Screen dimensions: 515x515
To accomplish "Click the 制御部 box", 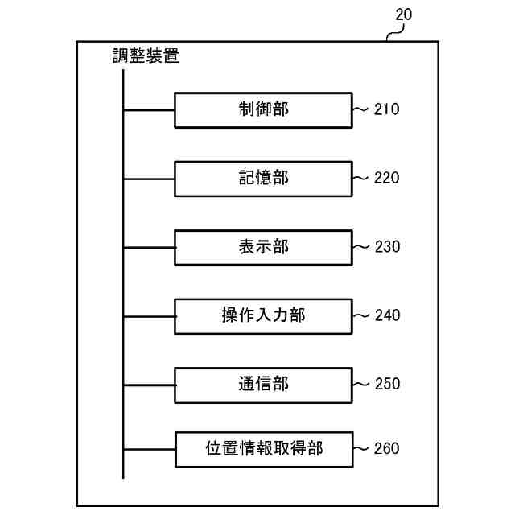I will point(263,109).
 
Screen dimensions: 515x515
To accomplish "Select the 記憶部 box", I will point(263,178).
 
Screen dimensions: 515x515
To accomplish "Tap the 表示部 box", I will point(263,247).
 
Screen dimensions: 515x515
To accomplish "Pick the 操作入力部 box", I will point(263,315).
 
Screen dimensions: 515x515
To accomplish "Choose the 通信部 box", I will point(263,384).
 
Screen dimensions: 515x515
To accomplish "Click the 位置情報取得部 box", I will point(263,449).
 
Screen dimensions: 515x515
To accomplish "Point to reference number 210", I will point(386,109).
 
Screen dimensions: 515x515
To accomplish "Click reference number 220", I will point(386,178).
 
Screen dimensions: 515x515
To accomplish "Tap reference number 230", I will point(386,247).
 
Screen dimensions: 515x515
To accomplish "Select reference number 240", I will point(386,315).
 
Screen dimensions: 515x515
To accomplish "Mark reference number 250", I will point(386,384).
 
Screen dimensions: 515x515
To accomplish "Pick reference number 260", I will point(386,449).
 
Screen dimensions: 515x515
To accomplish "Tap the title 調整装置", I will point(146,56).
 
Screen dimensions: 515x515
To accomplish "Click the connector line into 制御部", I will point(149,109).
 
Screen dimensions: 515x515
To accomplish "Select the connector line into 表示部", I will point(149,247).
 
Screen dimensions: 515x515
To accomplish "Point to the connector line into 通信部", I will point(149,384).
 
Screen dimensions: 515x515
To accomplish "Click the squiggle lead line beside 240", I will point(361,315).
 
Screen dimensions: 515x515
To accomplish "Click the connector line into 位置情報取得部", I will point(149,449).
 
